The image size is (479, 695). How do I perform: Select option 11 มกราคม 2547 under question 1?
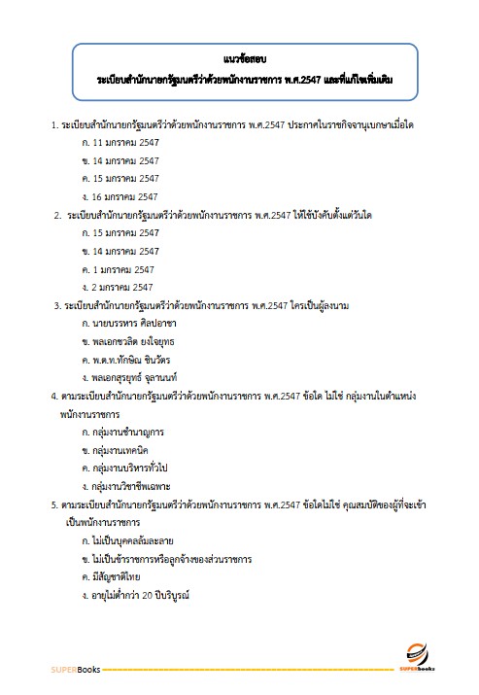point(120,143)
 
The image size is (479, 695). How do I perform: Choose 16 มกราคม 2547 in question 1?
point(120,196)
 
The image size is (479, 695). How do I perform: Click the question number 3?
point(55,305)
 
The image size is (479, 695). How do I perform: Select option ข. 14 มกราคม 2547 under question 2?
point(120,251)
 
